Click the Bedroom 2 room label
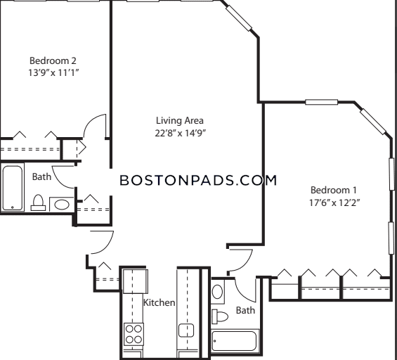pyautogui.click(x=53, y=60)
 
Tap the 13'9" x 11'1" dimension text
pyautogui.click(x=53, y=73)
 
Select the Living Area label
pyautogui.click(x=179, y=120)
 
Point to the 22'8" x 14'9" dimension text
pyautogui.click(x=179, y=133)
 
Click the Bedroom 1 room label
pyautogui.click(x=334, y=190)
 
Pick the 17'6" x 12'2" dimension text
pyautogui.click(x=334, y=202)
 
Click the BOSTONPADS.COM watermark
pyautogui.click(x=198, y=181)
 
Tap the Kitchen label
pyautogui.click(x=159, y=302)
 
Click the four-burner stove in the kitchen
pyautogui.click(x=134, y=334)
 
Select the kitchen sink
pyautogui.click(x=186, y=330)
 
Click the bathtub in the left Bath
pyautogui.click(x=13, y=188)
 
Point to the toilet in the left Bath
pyautogui.click(x=38, y=202)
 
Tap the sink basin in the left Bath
pyautogui.click(x=62, y=205)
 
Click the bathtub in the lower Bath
pyautogui.click(x=234, y=341)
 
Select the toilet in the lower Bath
pyautogui.click(x=220, y=316)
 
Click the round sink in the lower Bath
pyautogui.click(x=217, y=292)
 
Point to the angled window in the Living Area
pyautogui.click(x=239, y=18)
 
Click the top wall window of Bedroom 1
pyautogui.click(x=322, y=102)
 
